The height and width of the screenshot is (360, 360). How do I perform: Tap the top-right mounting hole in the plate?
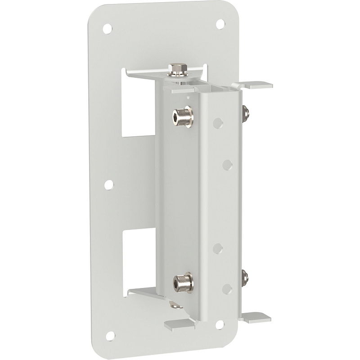point(220,23)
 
